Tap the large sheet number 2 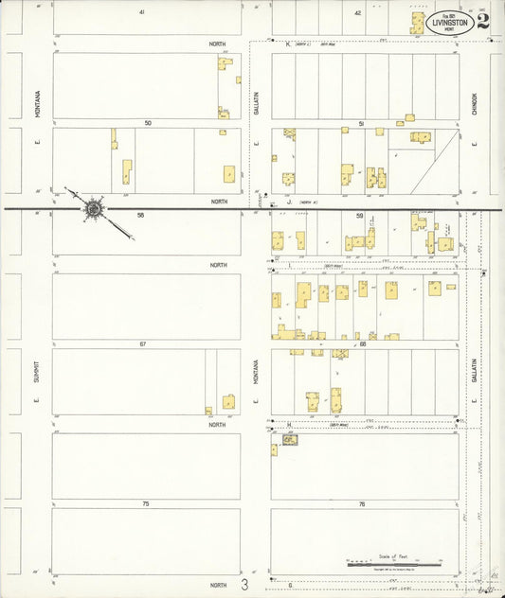pyautogui.click(x=483, y=22)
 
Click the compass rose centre pyautogui.click(x=95, y=207)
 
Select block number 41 pyautogui.click(x=141, y=12)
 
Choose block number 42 pyautogui.click(x=357, y=12)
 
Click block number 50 pyautogui.click(x=148, y=123)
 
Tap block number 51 pyautogui.click(x=361, y=123)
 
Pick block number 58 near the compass pyautogui.click(x=140, y=215)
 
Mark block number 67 pyautogui.click(x=143, y=343)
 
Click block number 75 pyautogui.click(x=145, y=503)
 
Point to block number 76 pyautogui.click(x=362, y=503)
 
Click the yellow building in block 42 pyautogui.click(x=417, y=23)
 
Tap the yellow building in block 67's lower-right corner pyautogui.click(x=228, y=401)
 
